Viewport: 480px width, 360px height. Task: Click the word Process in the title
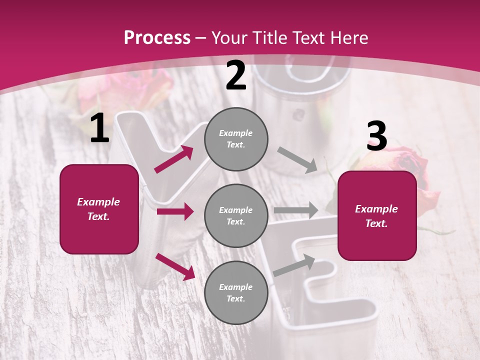157,38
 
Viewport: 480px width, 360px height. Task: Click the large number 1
99,129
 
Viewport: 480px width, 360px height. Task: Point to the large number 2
236,75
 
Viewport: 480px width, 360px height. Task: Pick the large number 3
376,137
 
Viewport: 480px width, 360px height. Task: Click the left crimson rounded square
99,209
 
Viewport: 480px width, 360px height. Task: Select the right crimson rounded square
377,216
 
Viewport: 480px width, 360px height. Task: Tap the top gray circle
236,139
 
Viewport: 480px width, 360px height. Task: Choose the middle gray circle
236,215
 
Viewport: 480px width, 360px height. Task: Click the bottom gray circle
236,292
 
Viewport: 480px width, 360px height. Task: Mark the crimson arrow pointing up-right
174,159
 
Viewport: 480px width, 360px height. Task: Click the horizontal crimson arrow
175,211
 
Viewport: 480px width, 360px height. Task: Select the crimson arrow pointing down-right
175,266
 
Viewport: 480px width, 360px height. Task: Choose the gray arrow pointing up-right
294,265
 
